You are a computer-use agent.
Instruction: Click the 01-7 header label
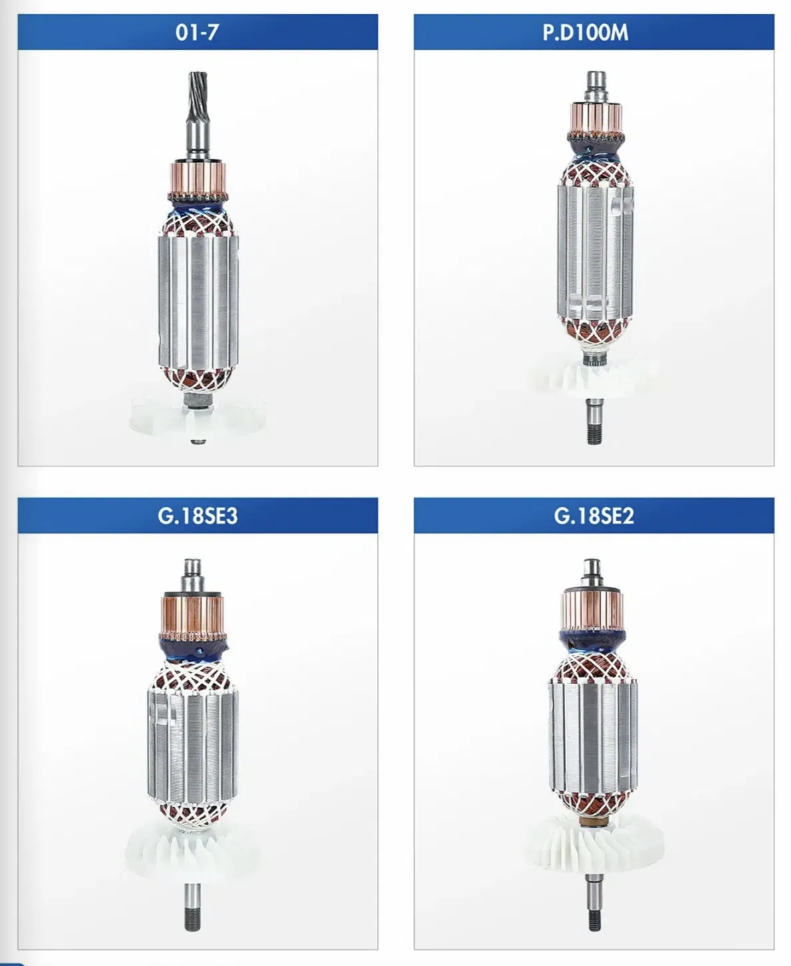click(197, 33)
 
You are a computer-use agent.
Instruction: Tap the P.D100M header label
click(585, 33)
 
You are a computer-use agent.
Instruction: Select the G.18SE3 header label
click(198, 516)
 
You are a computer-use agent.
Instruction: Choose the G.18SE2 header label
click(594, 516)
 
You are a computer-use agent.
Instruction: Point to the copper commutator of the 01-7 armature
click(198, 179)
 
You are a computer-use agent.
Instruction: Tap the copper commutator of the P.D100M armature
click(596, 117)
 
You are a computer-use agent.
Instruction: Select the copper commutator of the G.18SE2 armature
click(593, 610)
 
